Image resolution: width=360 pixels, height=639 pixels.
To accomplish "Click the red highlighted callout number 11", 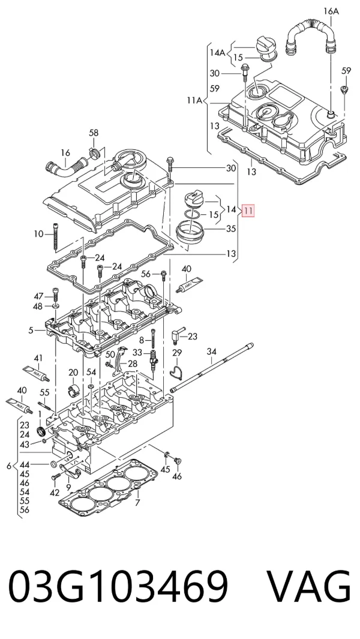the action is tap(248, 210).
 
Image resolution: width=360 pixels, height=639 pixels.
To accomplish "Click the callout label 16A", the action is tap(331, 11).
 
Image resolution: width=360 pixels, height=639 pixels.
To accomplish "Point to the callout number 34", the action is tap(212, 351).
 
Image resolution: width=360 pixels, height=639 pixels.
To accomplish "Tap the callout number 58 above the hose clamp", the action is tap(94, 133).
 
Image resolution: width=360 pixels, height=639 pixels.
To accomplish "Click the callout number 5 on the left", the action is tap(31, 330).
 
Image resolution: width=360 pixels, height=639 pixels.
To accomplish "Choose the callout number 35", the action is tap(231, 229).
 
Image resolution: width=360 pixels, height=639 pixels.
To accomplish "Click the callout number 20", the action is tap(73, 372).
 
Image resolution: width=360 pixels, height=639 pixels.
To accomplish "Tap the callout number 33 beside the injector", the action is tap(138, 352).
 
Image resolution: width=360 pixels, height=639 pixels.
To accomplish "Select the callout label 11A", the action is tap(195, 100).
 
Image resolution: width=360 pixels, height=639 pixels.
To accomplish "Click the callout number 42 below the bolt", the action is tap(55, 493).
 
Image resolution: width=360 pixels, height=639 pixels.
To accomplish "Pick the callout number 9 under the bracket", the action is tap(68, 487).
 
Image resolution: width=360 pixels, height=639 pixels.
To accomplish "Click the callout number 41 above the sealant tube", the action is tap(38, 358).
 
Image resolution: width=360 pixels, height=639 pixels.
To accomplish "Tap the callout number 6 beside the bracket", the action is tap(9, 466).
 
